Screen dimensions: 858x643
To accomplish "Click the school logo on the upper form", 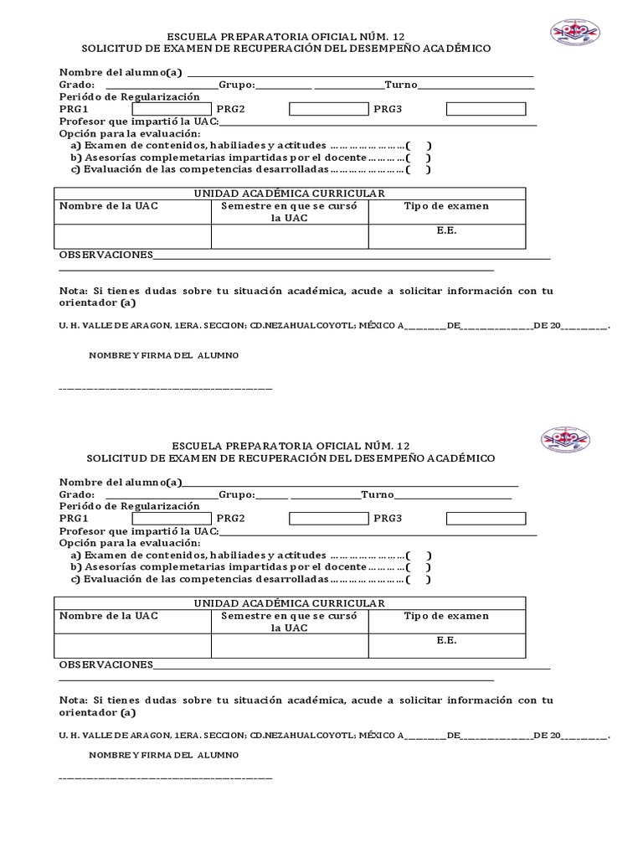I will (574, 32).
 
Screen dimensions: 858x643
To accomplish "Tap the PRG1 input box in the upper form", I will (172, 109).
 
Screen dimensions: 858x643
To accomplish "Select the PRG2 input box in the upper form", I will (328, 109).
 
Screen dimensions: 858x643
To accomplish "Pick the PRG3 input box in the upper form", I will (486, 109).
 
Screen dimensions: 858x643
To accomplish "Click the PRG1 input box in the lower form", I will (172, 519).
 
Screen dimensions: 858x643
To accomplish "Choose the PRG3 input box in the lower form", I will (486, 519).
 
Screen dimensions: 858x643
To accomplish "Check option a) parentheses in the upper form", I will (418, 145).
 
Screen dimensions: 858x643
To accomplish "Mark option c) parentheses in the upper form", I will (418, 169).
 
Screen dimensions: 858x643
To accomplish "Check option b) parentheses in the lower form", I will (418, 566).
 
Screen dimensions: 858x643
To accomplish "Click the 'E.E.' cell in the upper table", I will (446, 230).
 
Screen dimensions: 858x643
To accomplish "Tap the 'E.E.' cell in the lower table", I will (446, 640).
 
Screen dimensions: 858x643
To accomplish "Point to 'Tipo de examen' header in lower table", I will (446, 616).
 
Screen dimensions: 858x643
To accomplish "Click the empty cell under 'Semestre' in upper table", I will (290, 236).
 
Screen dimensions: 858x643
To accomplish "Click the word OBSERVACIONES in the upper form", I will (105, 255).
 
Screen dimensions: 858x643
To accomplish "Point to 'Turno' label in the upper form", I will (400, 85).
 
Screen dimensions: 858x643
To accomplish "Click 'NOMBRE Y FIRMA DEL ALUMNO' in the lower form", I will (163, 755).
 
